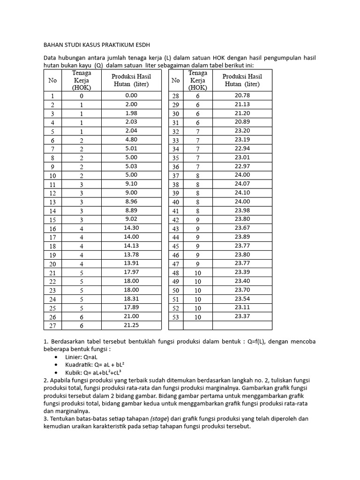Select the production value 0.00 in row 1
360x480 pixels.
(131, 95)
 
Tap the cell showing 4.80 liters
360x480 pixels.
(131, 139)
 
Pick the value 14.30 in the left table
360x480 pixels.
(131, 227)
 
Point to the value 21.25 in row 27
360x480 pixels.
(131, 324)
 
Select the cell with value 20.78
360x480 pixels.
(242, 95)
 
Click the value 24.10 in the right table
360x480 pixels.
(242, 192)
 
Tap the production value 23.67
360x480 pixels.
(242, 228)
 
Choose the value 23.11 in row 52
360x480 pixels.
(242, 307)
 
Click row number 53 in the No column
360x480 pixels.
(176, 317)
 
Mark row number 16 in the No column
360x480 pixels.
(52, 229)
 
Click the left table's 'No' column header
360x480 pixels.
(52, 80)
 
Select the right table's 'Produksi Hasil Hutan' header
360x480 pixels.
(242, 80)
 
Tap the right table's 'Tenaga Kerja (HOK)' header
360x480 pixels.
(198, 80)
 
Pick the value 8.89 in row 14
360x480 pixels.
(131, 210)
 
